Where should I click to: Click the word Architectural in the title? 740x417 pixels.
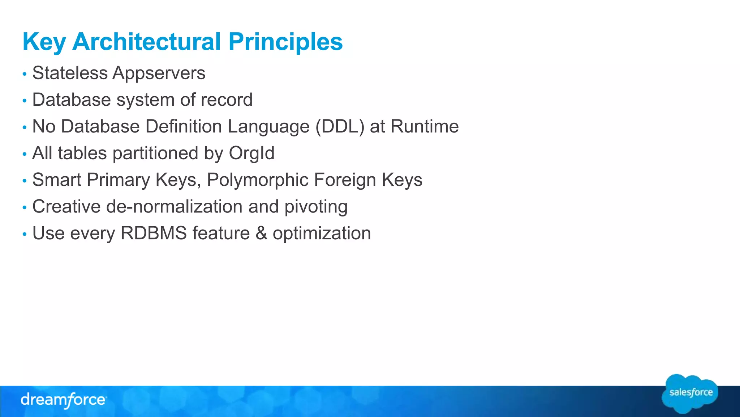(x=146, y=42)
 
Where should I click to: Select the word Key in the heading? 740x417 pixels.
(x=44, y=42)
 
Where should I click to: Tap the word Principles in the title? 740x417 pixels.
(x=285, y=42)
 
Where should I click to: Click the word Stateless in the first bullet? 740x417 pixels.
(x=70, y=73)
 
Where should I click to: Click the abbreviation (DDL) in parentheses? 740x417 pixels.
(x=340, y=127)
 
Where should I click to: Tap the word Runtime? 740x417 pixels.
(x=425, y=127)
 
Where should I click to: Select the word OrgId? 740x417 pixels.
(x=251, y=153)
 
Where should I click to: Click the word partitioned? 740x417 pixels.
(x=155, y=153)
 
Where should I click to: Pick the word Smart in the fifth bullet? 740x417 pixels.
(x=57, y=180)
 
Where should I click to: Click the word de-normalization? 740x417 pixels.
(x=174, y=207)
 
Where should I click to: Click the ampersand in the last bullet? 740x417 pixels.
(x=261, y=233)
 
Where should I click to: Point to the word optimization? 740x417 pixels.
(x=322, y=234)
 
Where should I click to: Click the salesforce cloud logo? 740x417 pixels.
(x=690, y=393)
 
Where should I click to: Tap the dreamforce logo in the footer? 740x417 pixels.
(x=63, y=400)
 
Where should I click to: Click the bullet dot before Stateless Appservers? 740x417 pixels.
(x=25, y=74)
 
